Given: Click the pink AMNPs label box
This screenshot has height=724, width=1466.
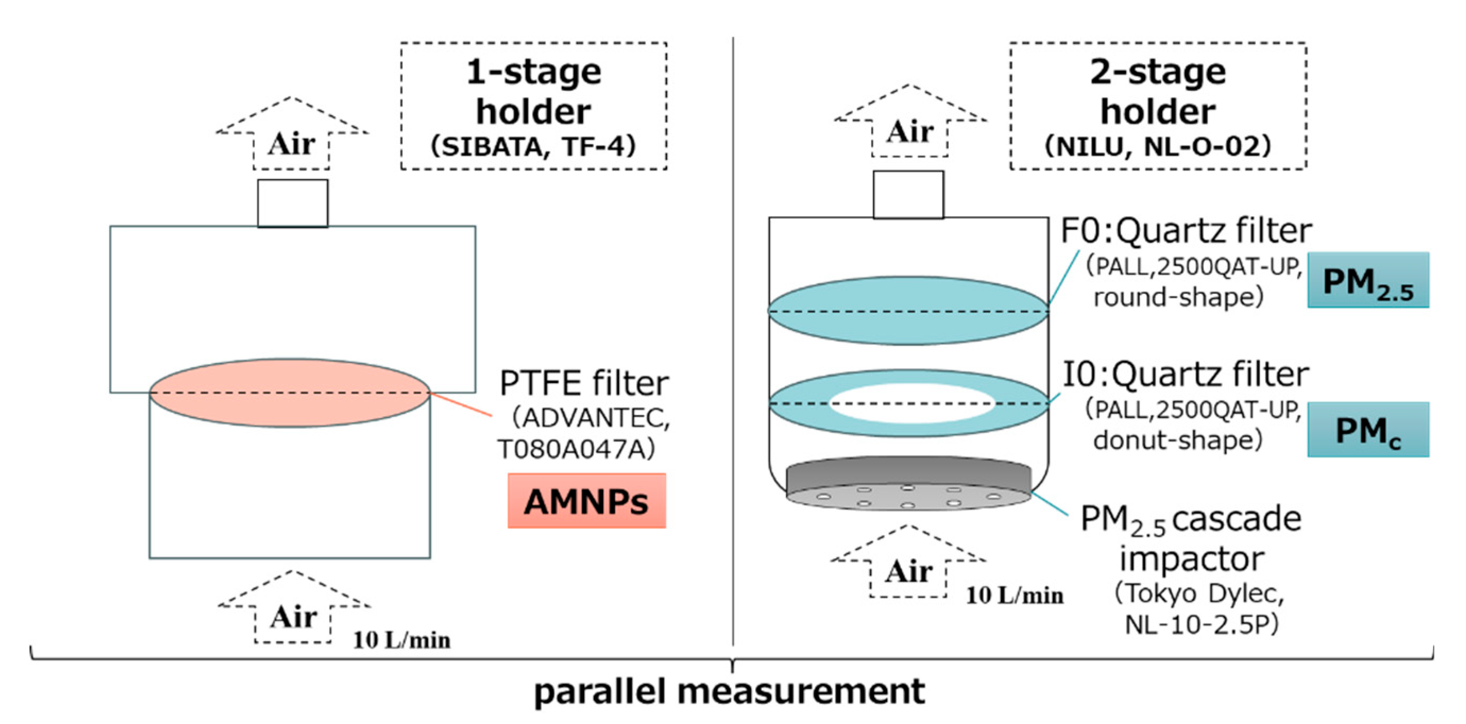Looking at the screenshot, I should click(587, 501).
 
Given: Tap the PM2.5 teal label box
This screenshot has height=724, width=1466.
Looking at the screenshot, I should click(1368, 280).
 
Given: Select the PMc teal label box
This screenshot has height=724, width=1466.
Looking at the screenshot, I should click(1368, 430).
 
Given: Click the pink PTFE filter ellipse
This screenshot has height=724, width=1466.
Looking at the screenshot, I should click(289, 393).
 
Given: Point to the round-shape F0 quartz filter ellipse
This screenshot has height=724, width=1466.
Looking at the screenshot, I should click(907, 311).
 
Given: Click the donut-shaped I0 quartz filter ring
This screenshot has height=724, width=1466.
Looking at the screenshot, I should click(797, 404).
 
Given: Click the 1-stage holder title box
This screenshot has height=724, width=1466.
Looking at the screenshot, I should click(533, 106).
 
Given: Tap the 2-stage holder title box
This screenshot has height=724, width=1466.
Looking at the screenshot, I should click(1157, 106).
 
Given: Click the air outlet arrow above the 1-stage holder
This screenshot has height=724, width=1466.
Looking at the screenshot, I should click(292, 137).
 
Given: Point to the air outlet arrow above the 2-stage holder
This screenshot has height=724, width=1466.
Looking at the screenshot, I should click(909, 125).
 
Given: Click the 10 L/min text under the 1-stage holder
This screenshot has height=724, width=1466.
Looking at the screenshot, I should click(402, 640).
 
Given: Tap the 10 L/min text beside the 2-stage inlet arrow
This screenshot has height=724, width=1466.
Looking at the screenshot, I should click(1015, 595).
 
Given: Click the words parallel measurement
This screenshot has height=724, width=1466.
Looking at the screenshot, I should click(730, 692).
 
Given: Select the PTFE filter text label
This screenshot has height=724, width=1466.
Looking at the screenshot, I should click(584, 383).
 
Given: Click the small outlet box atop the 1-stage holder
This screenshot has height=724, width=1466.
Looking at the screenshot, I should click(293, 203).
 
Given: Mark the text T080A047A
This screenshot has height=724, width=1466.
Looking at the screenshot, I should click(576, 449).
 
